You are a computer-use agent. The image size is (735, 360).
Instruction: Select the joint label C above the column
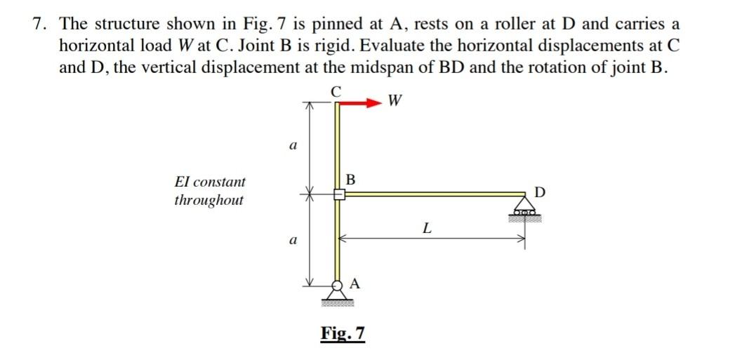pyautogui.click(x=337, y=90)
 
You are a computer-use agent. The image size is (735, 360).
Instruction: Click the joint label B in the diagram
pyautogui.click(x=352, y=180)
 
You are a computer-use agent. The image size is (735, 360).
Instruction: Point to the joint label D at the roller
pyautogui.click(x=538, y=192)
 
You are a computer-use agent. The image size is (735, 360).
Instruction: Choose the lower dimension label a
pyautogui.click(x=292, y=240)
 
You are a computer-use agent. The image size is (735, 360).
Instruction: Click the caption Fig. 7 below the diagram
pyautogui.click(x=343, y=332)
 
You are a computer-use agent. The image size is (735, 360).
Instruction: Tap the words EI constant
pyautogui.click(x=210, y=181)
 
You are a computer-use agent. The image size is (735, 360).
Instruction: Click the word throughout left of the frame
pyautogui.click(x=208, y=200)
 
